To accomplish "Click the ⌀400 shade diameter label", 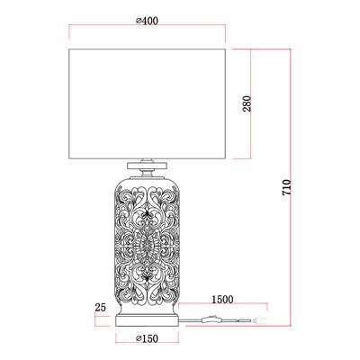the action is [x=147, y=21].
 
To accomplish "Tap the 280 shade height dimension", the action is [x=247, y=103].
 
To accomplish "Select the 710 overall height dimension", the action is [x=286, y=188].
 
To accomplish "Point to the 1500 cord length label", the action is [x=222, y=300].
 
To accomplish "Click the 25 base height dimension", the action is [x=101, y=307].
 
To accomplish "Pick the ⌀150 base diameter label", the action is [x=147, y=338].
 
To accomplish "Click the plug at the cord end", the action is [x=258, y=320].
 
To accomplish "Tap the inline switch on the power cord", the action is [x=211, y=319].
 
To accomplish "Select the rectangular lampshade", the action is [x=148, y=103].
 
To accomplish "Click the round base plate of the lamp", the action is [x=147, y=320].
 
